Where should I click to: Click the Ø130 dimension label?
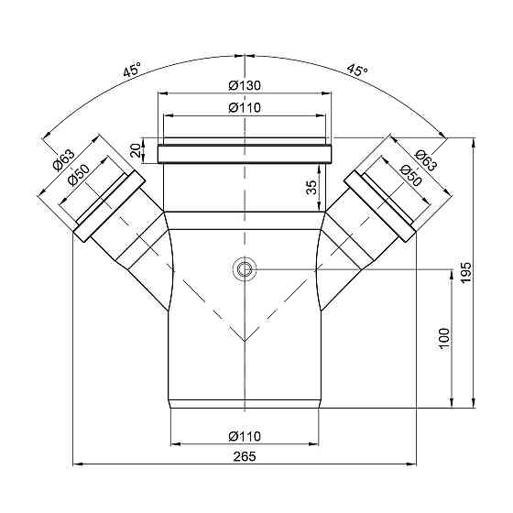click(245, 86)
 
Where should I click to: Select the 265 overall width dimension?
click(245, 456)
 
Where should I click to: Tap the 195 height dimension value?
click(465, 272)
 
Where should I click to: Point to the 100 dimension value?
click(444, 339)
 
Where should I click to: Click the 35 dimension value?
click(311, 188)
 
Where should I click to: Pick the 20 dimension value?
click(136, 150)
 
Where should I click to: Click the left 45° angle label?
click(132, 70)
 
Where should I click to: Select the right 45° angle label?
click(357, 70)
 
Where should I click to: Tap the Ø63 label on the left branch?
click(63, 159)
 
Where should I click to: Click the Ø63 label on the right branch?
click(425, 160)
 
